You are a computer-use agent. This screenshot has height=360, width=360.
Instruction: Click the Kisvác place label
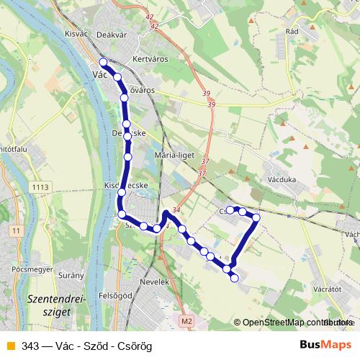click(x=76, y=34)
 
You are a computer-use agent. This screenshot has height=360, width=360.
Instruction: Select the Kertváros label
click(x=150, y=60)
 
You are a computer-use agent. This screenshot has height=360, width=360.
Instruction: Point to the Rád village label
click(x=292, y=32)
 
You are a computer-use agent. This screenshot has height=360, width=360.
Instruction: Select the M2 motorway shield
click(x=187, y=320)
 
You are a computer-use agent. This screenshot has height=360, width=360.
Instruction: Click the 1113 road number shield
click(x=40, y=187)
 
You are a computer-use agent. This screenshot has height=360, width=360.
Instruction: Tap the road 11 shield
click(x=16, y=230)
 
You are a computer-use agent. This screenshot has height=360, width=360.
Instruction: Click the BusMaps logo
click(x=325, y=345)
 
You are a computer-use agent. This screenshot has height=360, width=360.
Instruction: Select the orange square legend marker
click(x=10, y=346)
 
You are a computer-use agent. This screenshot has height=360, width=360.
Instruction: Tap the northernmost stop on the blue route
click(x=104, y=62)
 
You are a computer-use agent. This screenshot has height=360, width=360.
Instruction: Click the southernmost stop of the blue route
click(x=234, y=278)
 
